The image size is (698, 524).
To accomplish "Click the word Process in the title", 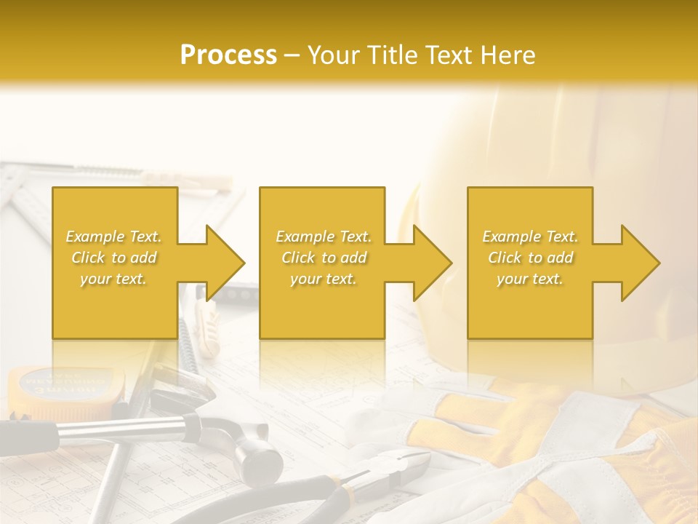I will tap(228, 55).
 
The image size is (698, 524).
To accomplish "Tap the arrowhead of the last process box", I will tap(639, 263).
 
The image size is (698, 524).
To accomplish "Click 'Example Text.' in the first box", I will tap(113, 237).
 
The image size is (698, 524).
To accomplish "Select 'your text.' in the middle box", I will tap(323, 279).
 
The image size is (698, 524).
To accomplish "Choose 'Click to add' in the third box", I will tap(531, 258).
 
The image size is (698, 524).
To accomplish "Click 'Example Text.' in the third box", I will tap(531, 237).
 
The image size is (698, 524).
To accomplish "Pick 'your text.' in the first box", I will tap(113, 279).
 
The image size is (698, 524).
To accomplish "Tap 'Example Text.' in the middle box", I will tap(323, 237).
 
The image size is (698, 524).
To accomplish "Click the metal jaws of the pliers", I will tap(407, 466).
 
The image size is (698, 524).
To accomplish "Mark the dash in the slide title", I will tap(292, 56).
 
